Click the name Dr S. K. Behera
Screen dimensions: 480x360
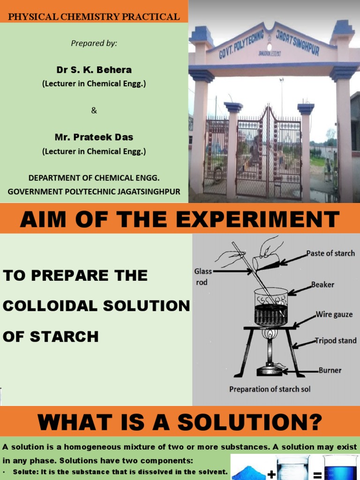[94, 70]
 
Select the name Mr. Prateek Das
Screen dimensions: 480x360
[94, 137]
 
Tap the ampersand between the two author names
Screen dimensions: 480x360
[94, 111]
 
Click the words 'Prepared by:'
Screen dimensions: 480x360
[94, 44]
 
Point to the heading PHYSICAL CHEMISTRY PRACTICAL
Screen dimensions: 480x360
[94, 17]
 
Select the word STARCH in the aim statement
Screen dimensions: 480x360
[51, 336]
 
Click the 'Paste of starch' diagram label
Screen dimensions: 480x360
[330, 253]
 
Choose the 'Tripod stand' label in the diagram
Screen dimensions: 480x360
[335, 341]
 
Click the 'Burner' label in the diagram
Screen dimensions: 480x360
[330, 370]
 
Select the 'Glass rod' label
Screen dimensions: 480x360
[203, 277]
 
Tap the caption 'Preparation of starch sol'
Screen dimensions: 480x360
[270, 389]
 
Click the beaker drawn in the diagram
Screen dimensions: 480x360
[270, 307]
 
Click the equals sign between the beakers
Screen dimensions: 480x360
[317, 475]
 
